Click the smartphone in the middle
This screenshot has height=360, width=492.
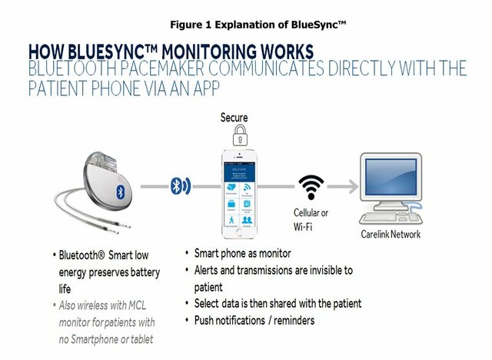(241, 191)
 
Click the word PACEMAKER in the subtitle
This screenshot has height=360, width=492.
(181, 68)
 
